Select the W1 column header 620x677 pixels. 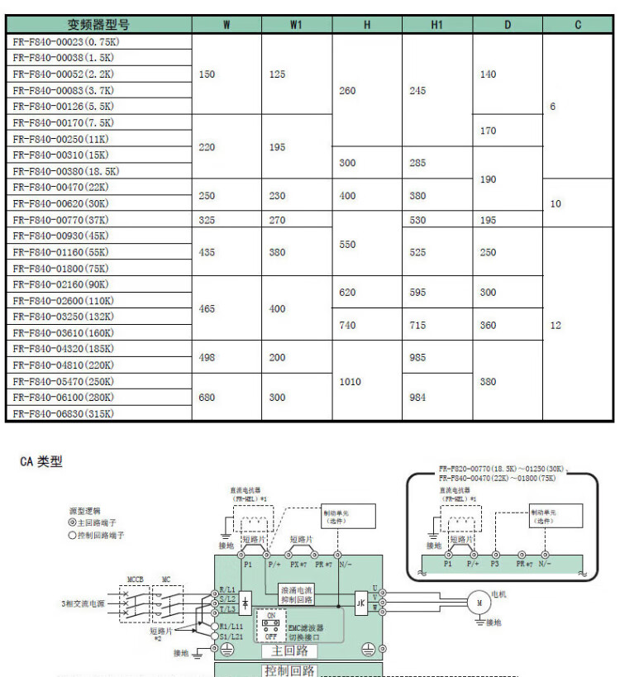[x=296, y=25]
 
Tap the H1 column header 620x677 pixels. [x=437, y=25]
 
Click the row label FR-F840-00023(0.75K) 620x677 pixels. [x=64, y=42]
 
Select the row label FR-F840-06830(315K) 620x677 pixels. [x=64, y=414]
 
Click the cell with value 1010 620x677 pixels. [x=351, y=383]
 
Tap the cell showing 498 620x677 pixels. [x=207, y=358]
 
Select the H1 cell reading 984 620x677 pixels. [x=418, y=398]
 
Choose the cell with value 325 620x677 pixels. [x=207, y=220]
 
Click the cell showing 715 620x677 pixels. [x=418, y=326]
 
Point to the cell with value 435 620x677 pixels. [x=207, y=252]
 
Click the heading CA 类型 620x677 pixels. [x=41, y=462]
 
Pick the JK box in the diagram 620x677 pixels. [x=361, y=603]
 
